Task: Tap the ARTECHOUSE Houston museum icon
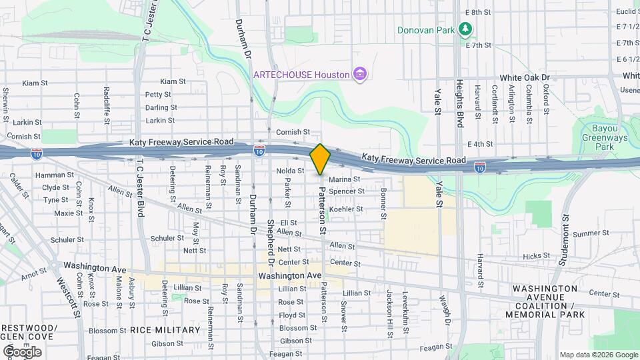pyautogui.click(x=360, y=73)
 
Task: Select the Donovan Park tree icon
pyautogui.click(x=465, y=29)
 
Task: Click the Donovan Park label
pyautogui.click(x=425, y=30)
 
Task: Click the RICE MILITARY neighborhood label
pyautogui.click(x=165, y=330)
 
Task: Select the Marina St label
pyautogui.click(x=344, y=179)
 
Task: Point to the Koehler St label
pyautogui.click(x=346, y=209)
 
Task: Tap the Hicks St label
pyautogui.click(x=536, y=255)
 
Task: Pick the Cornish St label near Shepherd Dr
pyautogui.click(x=294, y=132)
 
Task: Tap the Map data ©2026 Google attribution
pyautogui.click(x=598, y=355)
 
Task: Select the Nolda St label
pyautogui.click(x=290, y=171)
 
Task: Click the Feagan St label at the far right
pyautogui.click(x=436, y=347)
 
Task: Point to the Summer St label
pyautogui.click(x=587, y=233)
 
